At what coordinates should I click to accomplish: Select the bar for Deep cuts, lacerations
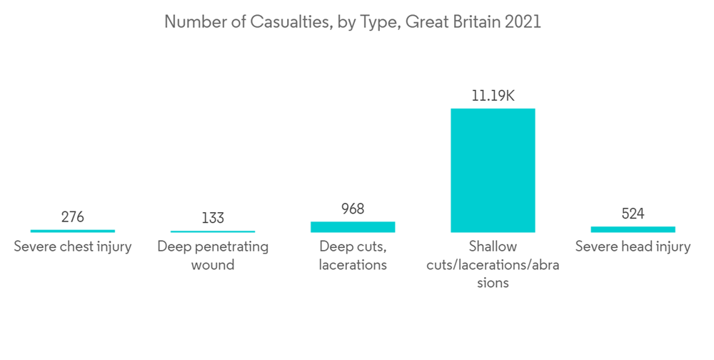pyautogui.click(x=353, y=226)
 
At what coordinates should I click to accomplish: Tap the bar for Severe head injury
pyautogui.click(x=633, y=229)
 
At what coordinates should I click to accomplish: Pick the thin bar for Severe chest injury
pyautogui.click(x=73, y=231)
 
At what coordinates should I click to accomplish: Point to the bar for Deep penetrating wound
pyautogui.click(x=213, y=231)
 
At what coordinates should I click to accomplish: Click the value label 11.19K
pyautogui.click(x=493, y=95)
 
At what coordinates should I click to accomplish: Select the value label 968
pyautogui.click(x=353, y=209)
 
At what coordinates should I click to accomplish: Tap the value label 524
pyautogui.click(x=633, y=214)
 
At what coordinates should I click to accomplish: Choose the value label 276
pyautogui.click(x=73, y=216)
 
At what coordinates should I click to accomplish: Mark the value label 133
pyautogui.click(x=213, y=217)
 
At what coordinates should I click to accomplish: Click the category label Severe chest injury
pyautogui.click(x=73, y=247)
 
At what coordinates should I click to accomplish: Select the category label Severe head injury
pyautogui.click(x=633, y=247)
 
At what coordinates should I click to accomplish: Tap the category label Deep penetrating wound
pyautogui.click(x=213, y=256)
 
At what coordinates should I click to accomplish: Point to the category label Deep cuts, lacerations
pyautogui.click(x=353, y=256)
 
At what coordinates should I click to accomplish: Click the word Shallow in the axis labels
pyautogui.click(x=493, y=247)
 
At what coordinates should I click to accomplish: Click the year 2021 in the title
pyautogui.click(x=523, y=22)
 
